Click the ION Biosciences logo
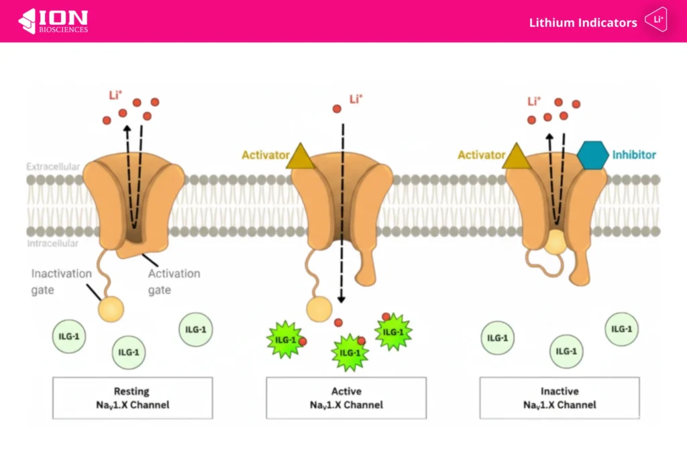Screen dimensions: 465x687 (x=53, y=21)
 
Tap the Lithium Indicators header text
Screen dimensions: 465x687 (x=582, y=23)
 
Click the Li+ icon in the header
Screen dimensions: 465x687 (x=655, y=21)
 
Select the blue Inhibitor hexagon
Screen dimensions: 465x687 (x=592, y=155)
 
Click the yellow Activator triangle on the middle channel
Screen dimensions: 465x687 (x=300, y=156)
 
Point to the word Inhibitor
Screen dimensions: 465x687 (x=634, y=155)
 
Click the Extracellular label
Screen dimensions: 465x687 (x=53, y=166)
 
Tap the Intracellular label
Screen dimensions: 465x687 (x=53, y=244)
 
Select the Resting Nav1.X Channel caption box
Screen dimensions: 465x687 (x=132, y=398)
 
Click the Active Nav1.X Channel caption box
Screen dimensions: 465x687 (x=346, y=398)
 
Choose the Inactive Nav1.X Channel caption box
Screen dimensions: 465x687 (x=559, y=398)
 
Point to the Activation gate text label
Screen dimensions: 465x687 (x=174, y=282)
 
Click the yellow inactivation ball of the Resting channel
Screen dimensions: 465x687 (x=111, y=308)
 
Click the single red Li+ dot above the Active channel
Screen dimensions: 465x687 (x=337, y=109)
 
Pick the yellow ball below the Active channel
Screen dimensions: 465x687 (x=319, y=309)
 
